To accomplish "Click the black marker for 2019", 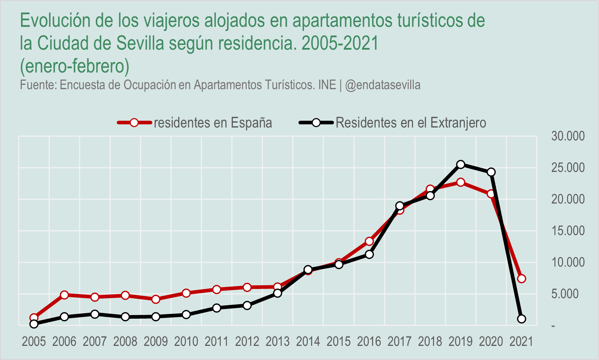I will click(x=460, y=165).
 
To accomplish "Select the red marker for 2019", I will click(x=460, y=182).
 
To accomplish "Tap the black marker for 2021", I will click(x=521, y=319).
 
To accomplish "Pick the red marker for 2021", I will click(x=521, y=279).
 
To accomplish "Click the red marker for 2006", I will click(x=65, y=295).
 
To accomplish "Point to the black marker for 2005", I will click(x=34, y=324).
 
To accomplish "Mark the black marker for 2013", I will click(x=278, y=293).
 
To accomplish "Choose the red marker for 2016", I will click(x=369, y=241).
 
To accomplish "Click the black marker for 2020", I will click(x=491, y=172).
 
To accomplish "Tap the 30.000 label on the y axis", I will click(x=568, y=136).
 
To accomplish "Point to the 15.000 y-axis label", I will click(x=568, y=231).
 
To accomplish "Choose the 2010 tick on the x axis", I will click(x=186, y=342).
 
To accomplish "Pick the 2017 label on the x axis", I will click(x=400, y=342).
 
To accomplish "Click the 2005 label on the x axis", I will click(x=34, y=342).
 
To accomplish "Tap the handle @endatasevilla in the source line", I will click(x=383, y=85).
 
